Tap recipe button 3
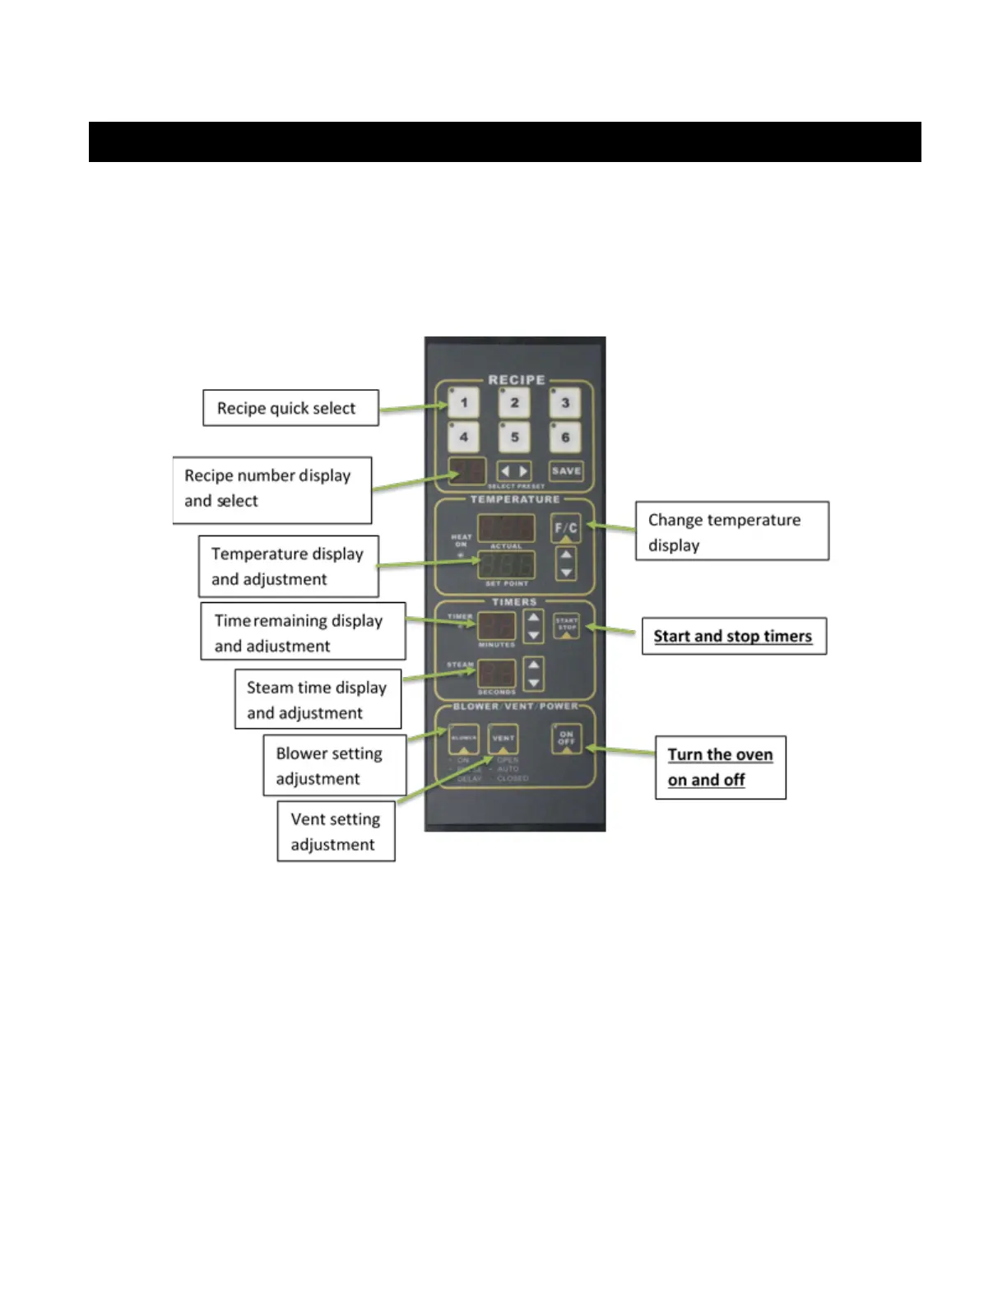point(565,403)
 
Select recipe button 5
point(514,437)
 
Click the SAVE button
point(566,471)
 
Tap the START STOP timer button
point(566,626)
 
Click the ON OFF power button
point(566,738)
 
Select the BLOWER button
point(463,738)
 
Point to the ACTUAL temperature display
point(506,528)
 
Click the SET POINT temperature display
point(506,565)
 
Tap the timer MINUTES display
point(497,626)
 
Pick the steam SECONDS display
point(497,674)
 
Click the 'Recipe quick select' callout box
point(290,408)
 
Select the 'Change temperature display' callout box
point(731,531)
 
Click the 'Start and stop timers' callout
point(733,636)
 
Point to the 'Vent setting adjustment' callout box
point(336,832)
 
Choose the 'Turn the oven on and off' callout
point(720,767)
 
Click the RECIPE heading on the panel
point(516,380)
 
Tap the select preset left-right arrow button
point(514,471)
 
